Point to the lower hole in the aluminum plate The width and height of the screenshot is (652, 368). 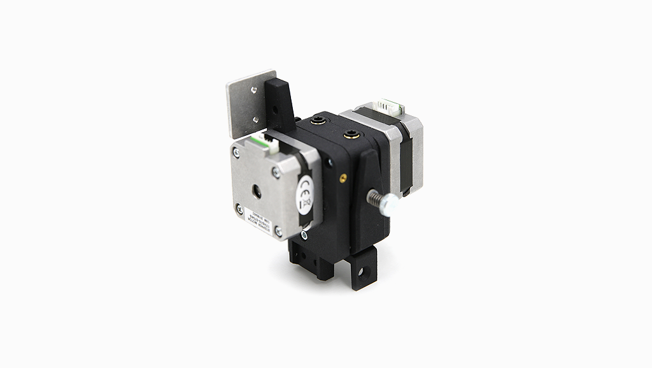point(256,118)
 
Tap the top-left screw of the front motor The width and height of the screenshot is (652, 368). point(236,152)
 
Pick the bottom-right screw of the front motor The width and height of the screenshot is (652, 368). point(278,231)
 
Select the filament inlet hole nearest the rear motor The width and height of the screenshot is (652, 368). point(349,133)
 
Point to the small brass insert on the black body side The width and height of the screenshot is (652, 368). point(344,177)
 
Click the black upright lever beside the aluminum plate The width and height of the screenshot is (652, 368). point(279,102)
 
